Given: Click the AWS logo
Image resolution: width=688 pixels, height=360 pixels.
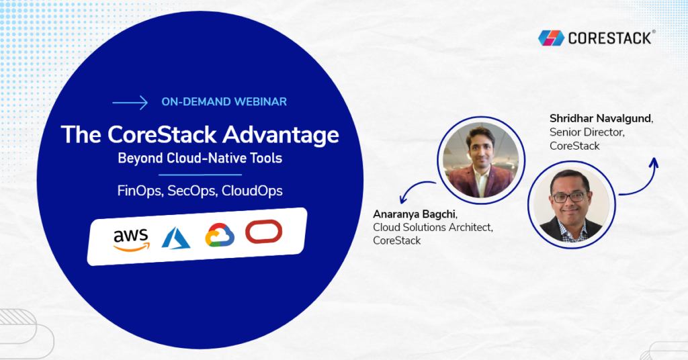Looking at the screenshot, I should (x=131, y=238).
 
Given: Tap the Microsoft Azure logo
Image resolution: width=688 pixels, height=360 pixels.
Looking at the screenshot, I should (x=176, y=237).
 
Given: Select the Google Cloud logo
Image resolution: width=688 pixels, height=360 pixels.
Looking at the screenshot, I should (x=220, y=236).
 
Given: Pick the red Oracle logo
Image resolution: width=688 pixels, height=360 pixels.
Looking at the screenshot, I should (x=263, y=232).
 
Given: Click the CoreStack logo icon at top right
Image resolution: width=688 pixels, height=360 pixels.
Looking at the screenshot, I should (x=551, y=38).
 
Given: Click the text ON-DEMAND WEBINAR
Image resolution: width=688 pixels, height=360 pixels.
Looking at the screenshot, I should (x=224, y=102).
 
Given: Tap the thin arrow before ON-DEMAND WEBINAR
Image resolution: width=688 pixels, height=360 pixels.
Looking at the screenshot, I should (x=130, y=103).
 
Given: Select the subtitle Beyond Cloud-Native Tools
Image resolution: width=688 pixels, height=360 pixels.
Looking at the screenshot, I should (x=200, y=159).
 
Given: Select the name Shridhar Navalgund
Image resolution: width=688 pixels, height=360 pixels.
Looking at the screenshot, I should (x=600, y=119).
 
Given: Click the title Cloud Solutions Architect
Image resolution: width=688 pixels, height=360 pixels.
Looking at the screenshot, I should (x=433, y=228).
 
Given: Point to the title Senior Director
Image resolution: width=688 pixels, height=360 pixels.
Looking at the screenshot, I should (x=585, y=132).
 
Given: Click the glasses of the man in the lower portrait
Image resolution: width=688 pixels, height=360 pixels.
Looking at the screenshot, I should (x=568, y=197).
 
